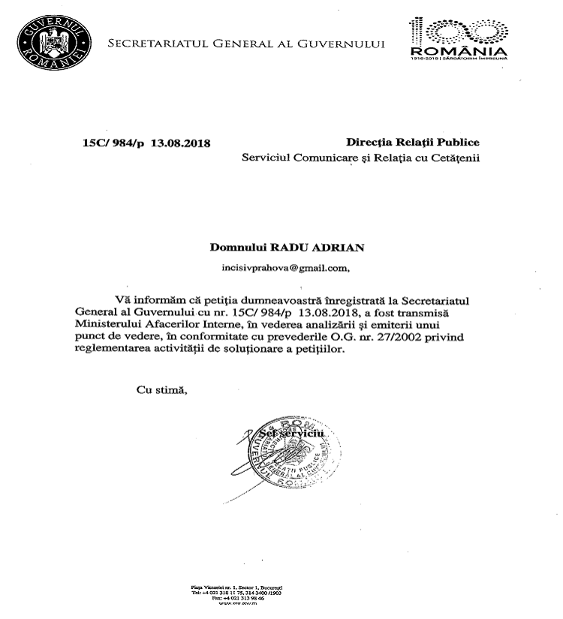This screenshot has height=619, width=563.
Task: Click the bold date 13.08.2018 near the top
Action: [181, 143]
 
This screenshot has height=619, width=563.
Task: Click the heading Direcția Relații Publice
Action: [412, 142]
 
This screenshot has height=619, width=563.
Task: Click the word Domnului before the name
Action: [243, 246]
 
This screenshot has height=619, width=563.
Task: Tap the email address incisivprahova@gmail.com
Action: [281, 265]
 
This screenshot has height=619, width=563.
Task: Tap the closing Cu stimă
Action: [160, 389]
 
